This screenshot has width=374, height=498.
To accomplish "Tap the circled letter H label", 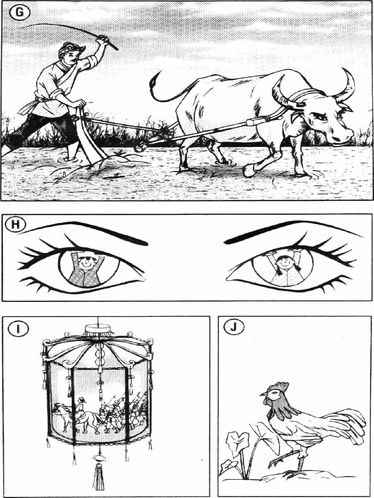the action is (x=16, y=224).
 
